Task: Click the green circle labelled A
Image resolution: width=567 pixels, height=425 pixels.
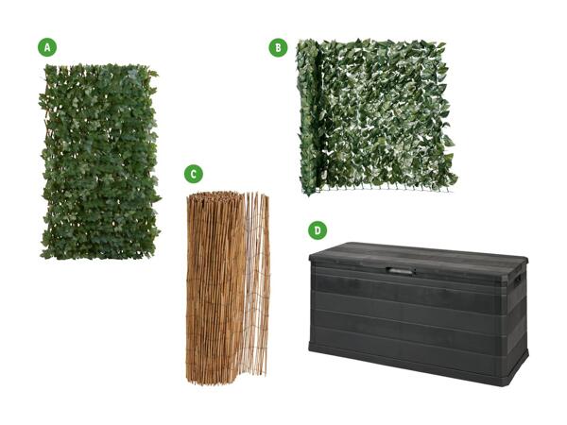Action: point(47,47)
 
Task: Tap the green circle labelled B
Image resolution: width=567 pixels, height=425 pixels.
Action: point(278,48)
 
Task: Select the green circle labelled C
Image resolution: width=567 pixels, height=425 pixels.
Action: point(194,174)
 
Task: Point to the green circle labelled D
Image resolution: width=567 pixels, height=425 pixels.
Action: point(318,230)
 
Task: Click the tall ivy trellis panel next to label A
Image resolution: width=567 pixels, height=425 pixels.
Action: point(100,161)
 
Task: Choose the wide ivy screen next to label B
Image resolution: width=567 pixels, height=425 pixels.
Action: point(376,116)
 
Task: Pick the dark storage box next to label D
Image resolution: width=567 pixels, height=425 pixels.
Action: point(419,313)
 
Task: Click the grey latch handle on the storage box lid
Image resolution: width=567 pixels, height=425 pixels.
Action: point(400,269)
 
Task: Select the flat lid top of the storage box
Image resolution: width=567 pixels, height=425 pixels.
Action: point(419,254)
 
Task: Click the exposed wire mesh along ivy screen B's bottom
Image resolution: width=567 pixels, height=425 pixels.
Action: point(384,188)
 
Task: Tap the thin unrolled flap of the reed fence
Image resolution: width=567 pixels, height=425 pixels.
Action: point(257,283)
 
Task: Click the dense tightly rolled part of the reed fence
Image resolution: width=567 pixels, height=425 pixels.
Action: point(215,287)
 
